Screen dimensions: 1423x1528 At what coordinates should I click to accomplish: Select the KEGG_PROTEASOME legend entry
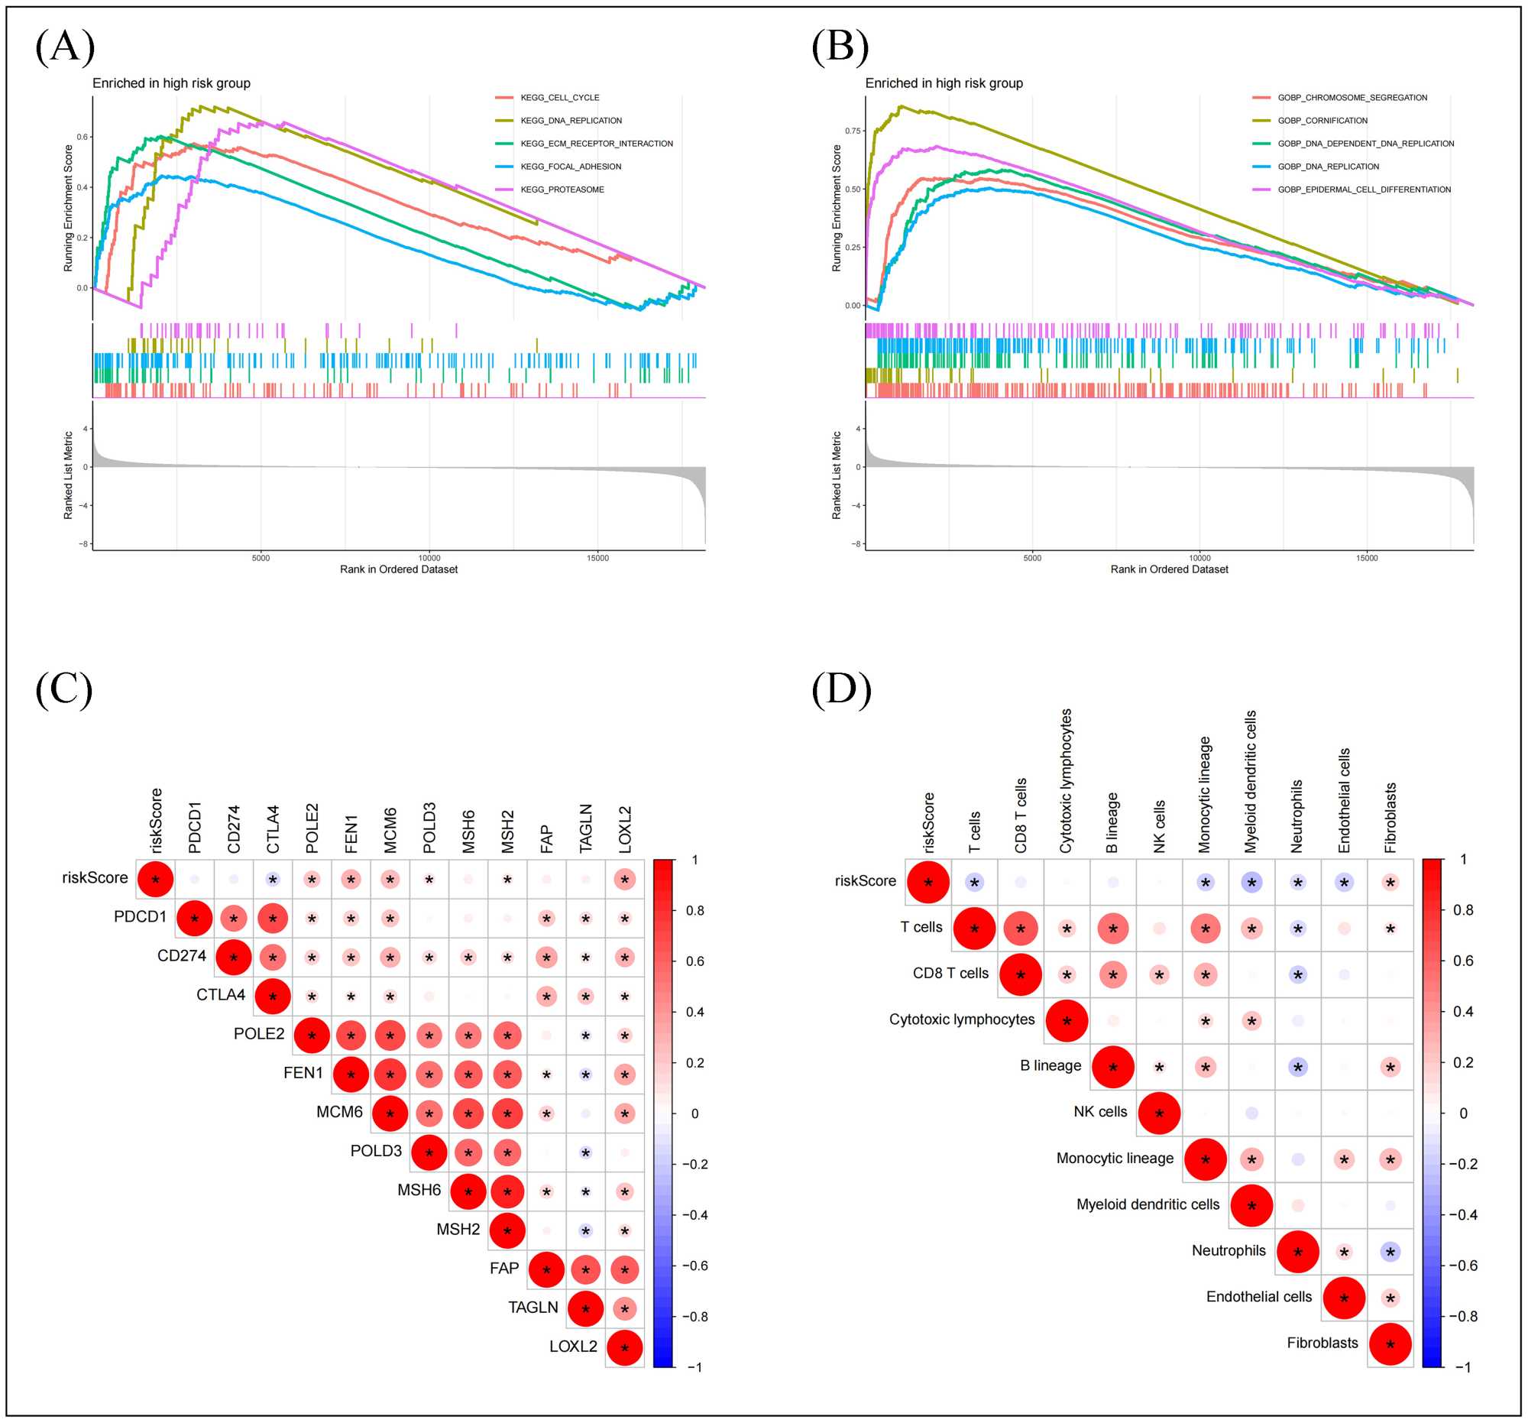click(x=562, y=190)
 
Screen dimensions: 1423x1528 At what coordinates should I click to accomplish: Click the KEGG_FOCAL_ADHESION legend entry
click(x=570, y=167)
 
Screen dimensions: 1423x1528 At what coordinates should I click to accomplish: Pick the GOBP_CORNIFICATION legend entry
click(x=1322, y=121)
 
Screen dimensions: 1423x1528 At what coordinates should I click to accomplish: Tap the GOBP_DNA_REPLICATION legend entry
click(x=1328, y=167)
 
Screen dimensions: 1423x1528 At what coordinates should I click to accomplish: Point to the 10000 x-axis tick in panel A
click(x=429, y=558)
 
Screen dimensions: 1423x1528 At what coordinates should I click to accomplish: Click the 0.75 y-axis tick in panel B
click(x=853, y=131)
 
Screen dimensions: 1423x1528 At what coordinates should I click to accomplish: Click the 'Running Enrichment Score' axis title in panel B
click(x=837, y=208)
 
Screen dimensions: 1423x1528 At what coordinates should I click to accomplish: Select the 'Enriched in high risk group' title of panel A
click(x=171, y=83)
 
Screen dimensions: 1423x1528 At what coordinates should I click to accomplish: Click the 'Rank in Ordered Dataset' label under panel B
click(x=1168, y=569)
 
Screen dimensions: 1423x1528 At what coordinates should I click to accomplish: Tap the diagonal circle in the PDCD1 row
click(x=195, y=919)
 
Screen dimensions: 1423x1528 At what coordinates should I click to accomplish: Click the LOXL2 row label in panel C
click(x=572, y=1346)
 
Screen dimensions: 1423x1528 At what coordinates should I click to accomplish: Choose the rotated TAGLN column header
click(x=586, y=828)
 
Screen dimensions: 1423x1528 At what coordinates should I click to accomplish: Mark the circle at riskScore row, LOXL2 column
click(x=625, y=880)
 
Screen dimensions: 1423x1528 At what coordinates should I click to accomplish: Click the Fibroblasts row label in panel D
click(x=1322, y=1343)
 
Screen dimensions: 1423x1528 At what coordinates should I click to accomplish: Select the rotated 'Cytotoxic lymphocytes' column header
click(x=1066, y=780)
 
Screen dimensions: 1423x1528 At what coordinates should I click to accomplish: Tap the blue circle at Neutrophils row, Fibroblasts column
click(x=1390, y=1253)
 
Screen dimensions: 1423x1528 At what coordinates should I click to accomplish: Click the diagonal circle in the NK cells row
click(x=1159, y=1113)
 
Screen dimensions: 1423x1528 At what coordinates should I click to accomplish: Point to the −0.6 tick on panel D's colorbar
click(x=1463, y=1266)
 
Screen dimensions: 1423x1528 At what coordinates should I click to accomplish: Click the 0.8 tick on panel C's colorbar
click(x=694, y=910)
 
